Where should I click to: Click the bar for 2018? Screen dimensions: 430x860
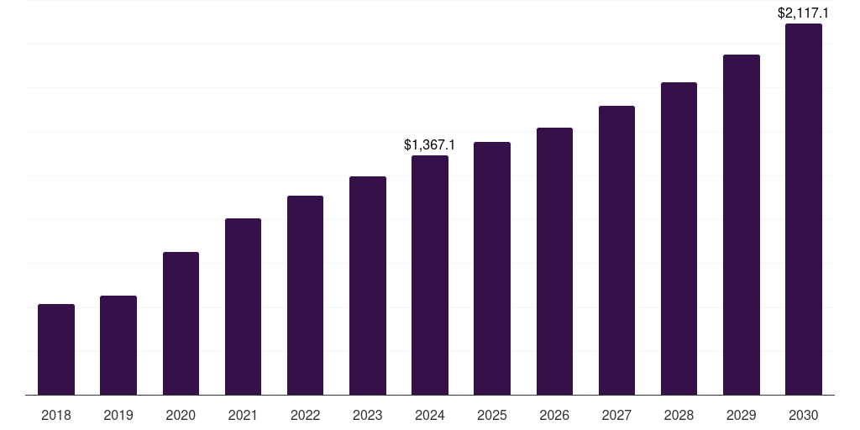(x=56, y=349)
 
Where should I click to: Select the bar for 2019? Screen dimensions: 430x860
(x=118, y=345)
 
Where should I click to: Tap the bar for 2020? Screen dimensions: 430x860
(x=181, y=323)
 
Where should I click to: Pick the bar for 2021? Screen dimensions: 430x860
(x=243, y=307)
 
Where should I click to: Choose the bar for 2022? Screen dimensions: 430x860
(x=305, y=295)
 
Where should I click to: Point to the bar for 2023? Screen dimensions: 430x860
(x=368, y=286)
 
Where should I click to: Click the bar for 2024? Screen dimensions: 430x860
(x=430, y=275)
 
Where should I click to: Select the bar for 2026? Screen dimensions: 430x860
(x=554, y=261)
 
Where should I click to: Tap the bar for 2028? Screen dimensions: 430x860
(x=679, y=239)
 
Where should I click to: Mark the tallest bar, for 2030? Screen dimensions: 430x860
(x=804, y=209)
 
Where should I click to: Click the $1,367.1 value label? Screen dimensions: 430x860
(x=430, y=145)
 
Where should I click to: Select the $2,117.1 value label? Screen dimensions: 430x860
(x=804, y=13)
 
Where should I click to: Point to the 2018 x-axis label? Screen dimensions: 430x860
(x=56, y=415)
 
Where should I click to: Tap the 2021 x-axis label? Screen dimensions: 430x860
(x=243, y=415)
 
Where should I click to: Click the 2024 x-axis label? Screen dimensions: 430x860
(x=430, y=415)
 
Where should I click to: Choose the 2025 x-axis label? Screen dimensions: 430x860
(x=492, y=415)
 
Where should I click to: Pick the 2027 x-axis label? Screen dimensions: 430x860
(x=616, y=415)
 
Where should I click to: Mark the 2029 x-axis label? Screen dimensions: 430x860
(x=742, y=415)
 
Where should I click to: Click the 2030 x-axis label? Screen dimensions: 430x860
(x=804, y=415)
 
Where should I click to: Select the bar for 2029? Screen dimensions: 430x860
(x=742, y=224)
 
